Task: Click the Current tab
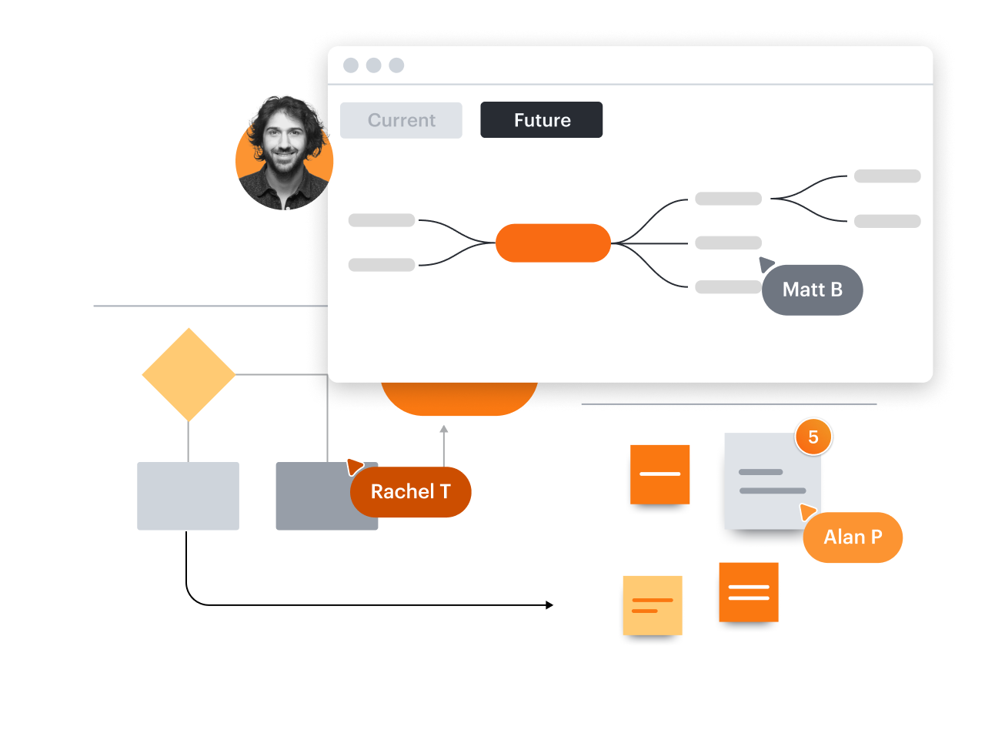(401, 120)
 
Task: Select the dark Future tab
(541, 120)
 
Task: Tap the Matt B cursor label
(812, 290)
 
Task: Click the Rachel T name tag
(410, 492)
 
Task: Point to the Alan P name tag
(853, 537)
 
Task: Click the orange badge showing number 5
(813, 437)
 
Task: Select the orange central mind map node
(553, 243)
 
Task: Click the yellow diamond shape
(189, 375)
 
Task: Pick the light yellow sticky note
(653, 605)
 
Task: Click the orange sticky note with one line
(659, 474)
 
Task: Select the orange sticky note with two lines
(749, 592)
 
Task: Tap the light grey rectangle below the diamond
(188, 496)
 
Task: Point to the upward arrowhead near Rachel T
(443, 430)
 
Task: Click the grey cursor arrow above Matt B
(766, 264)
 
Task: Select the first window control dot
(351, 65)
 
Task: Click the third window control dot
(396, 65)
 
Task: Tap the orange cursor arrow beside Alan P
(807, 511)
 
